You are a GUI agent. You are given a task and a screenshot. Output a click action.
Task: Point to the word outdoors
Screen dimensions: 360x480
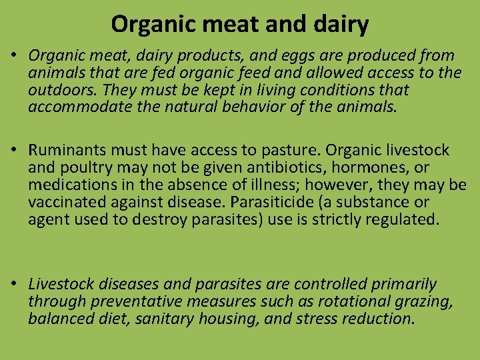point(59,90)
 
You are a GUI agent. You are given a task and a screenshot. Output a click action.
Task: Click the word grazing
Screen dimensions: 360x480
point(421,302)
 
